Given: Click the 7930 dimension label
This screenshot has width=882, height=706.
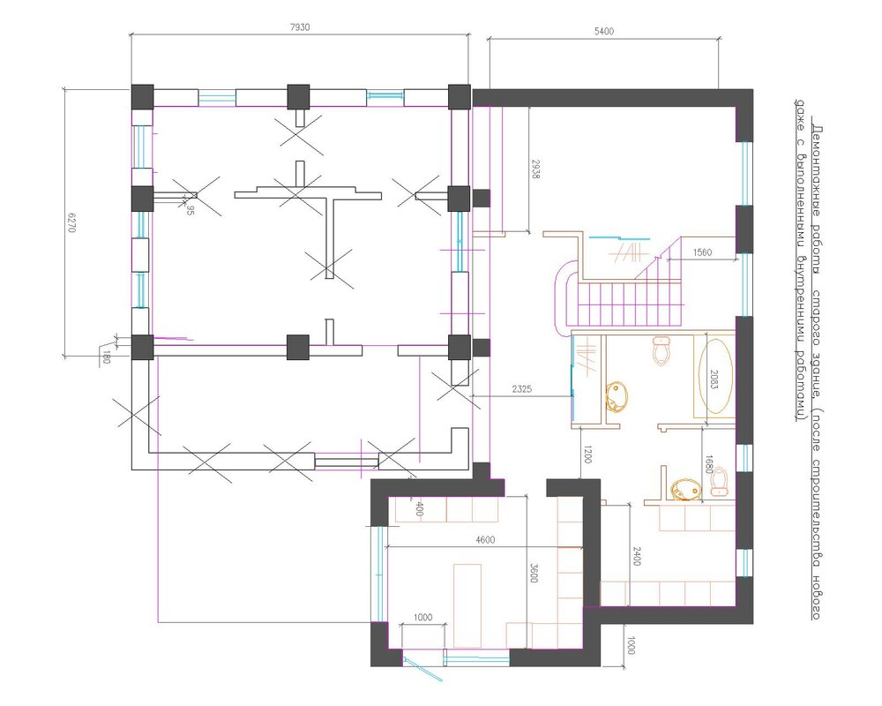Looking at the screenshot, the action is click(x=300, y=27).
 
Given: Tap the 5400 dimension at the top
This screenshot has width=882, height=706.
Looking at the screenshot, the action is click(x=603, y=32).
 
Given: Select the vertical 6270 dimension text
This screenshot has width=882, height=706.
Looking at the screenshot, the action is click(x=71, y=222).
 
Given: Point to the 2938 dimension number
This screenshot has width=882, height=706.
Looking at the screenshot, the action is click(x=535, y=169).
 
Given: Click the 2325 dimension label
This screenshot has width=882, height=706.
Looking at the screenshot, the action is click(x=521, y=389).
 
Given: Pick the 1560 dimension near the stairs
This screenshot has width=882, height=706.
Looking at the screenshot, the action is click(x=702, y=252).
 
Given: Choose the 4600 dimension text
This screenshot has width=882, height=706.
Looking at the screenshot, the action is click(x=485, y=540).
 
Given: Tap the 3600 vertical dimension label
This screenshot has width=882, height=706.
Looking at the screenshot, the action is click(x=534, y=572).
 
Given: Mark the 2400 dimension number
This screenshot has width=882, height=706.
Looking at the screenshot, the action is click(x=636, y=556).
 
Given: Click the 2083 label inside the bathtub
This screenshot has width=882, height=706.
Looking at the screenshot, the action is click(x=714, y=380).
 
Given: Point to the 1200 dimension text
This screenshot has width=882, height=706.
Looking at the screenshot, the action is click(x=587, y=454).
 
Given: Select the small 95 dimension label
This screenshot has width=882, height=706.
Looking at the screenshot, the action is click(x=191, y=211).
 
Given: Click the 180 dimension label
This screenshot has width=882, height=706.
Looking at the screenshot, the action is click(x=105, y=357).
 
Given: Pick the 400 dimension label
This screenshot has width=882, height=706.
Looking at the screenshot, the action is click(x=418, y=509).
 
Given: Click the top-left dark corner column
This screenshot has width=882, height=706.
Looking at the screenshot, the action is click(x=142, y=97).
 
